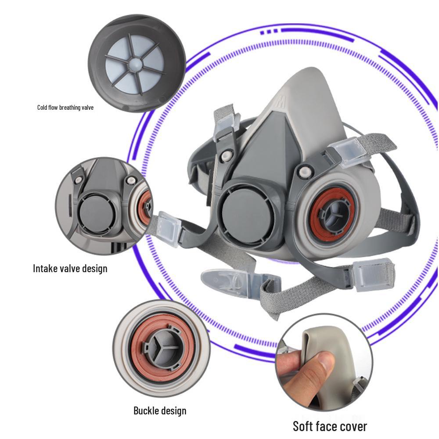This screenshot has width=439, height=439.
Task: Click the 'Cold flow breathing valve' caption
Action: (65, 107)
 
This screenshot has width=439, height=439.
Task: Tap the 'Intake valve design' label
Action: (70, 269)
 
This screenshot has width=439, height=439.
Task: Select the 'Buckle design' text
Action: (160, 411)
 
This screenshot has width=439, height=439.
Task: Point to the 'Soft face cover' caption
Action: (330, 426)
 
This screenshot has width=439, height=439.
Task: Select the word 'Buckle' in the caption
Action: (145, 411)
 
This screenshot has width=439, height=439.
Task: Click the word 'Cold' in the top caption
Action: (42, 107)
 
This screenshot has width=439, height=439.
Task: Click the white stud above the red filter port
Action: (304, 171)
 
